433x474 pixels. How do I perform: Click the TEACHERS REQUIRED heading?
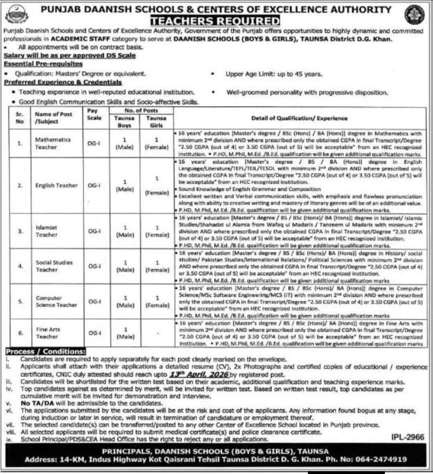coord(216,21)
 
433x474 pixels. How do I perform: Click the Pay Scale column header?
coord(94,114)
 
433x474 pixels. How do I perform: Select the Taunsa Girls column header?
coord(156,121)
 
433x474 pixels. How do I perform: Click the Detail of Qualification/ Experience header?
coord(299,118)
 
